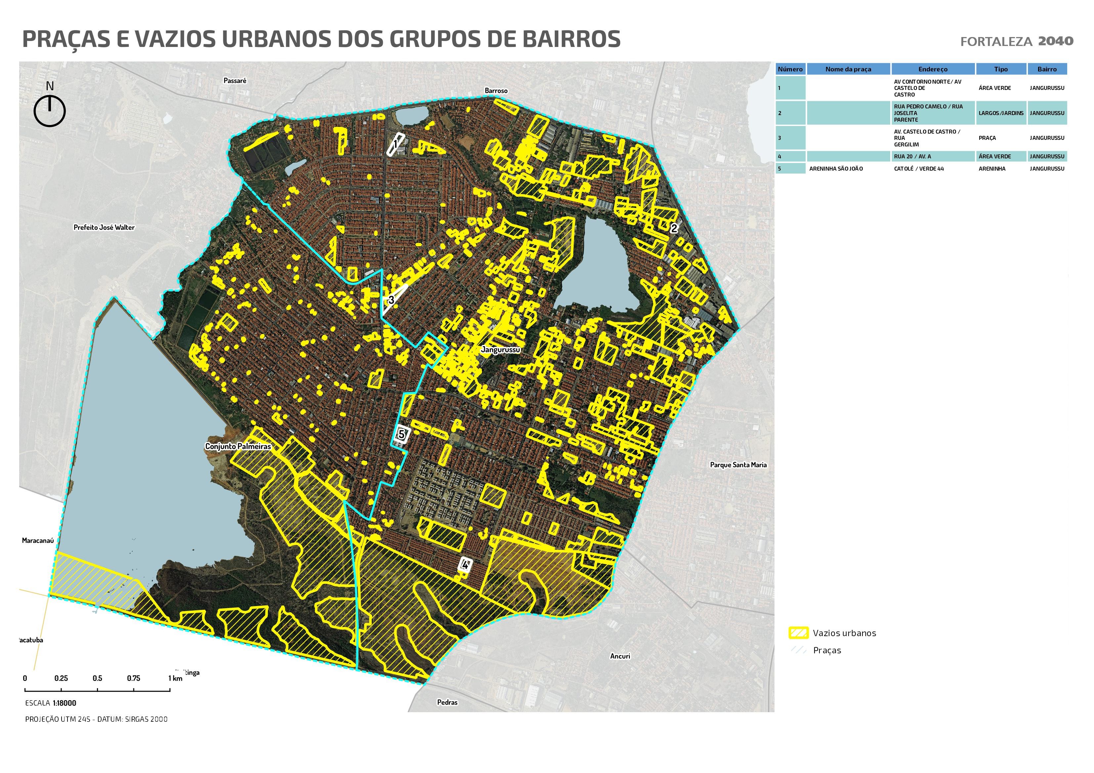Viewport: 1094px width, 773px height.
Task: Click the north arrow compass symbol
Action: coord(50,110)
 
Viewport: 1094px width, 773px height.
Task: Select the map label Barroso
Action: coord(496,91)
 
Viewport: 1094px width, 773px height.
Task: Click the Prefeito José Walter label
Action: coord(104,227)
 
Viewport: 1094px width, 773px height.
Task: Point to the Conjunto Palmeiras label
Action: coord(238,446)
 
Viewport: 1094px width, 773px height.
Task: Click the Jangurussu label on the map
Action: coord(500,349)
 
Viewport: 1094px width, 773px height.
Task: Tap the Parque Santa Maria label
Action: coord(738,465)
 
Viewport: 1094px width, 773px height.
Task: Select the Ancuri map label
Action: coord(620,656)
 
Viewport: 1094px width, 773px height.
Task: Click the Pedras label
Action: coord(447,702)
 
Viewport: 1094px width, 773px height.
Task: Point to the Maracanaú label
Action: coord(38,541)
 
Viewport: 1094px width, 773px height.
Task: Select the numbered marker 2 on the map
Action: coord(674,228)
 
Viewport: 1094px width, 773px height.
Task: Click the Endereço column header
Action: coord(933,69)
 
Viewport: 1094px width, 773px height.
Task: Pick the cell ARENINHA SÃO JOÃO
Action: coord(836,169)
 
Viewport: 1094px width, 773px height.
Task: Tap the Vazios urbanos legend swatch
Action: coord(799,633)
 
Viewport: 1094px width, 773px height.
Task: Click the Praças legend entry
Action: coord(827,650)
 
